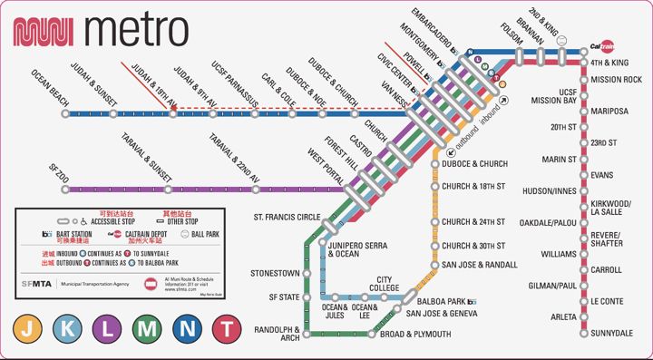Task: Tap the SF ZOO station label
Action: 63,166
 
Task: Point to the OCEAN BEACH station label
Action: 50,88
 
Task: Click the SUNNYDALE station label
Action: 610,334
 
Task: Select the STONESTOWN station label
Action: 276,272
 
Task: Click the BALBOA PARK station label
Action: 441,300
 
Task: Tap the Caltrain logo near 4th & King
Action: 603,46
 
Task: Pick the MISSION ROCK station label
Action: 616,80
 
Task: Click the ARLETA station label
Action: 562,316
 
